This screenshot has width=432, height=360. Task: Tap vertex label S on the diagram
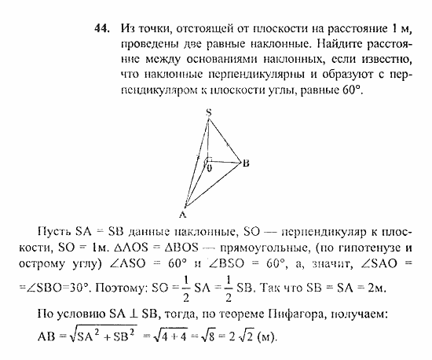pyautogui.click(x=208, y=112)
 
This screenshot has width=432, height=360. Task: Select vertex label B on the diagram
pyautogui.click(x=246, y=163)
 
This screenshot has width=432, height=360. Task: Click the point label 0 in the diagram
pyautogui.click(x=209, y=167)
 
